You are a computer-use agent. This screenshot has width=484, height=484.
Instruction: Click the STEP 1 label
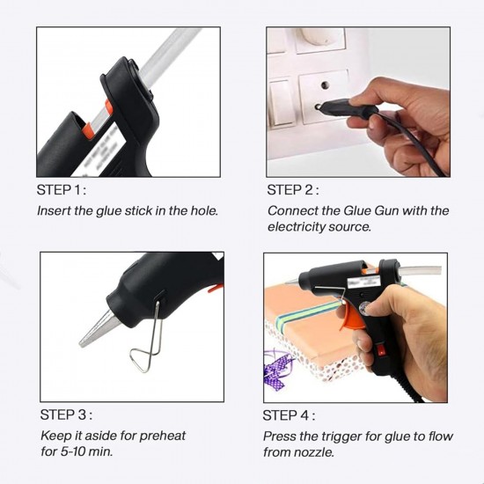(x=62, y=189)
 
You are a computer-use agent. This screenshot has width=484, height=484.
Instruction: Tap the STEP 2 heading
(x=293, y=189)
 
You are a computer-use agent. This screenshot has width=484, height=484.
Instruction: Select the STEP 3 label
(x=66, y=414)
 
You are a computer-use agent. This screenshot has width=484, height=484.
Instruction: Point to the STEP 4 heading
(x=290, y=414)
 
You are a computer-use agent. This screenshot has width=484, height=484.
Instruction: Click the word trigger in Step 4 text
(x=344, y=436)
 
